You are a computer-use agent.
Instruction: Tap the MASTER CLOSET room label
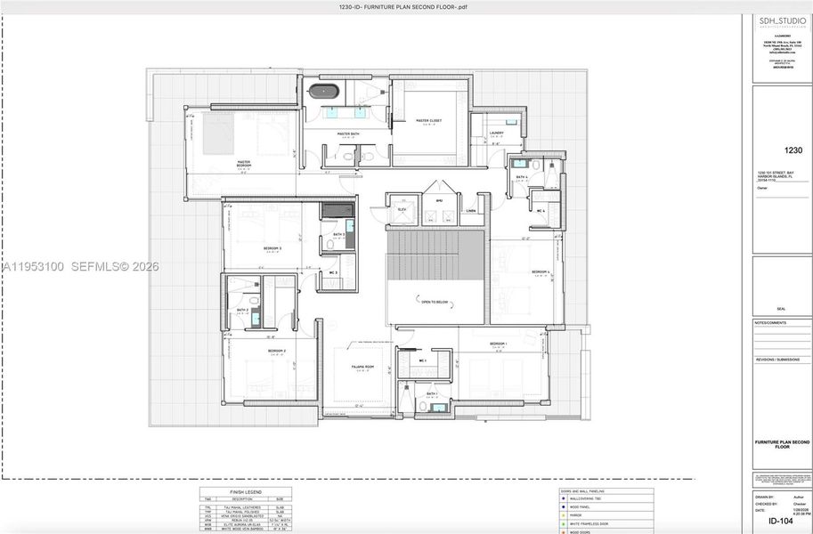(428, 120)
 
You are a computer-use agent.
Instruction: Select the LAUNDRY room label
(496, 133)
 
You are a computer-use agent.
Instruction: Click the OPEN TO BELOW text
(435, 302)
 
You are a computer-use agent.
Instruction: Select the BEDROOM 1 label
(498, 344)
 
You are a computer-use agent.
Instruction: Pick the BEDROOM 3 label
(272, 248)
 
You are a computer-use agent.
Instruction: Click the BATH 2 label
(241, 310)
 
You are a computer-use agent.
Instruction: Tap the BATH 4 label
(522, 177)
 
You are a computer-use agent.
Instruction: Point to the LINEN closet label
(471, 211)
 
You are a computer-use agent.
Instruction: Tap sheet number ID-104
(780, 521)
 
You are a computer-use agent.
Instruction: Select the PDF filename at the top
(403, 7)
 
